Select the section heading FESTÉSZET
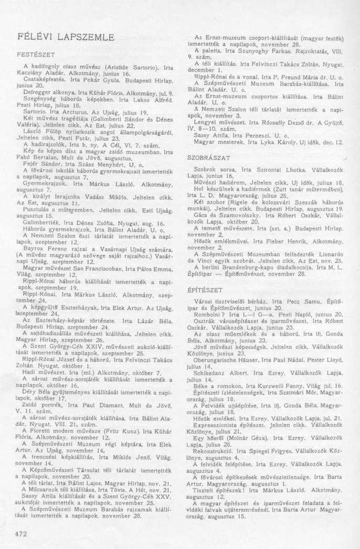pos(35,54)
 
